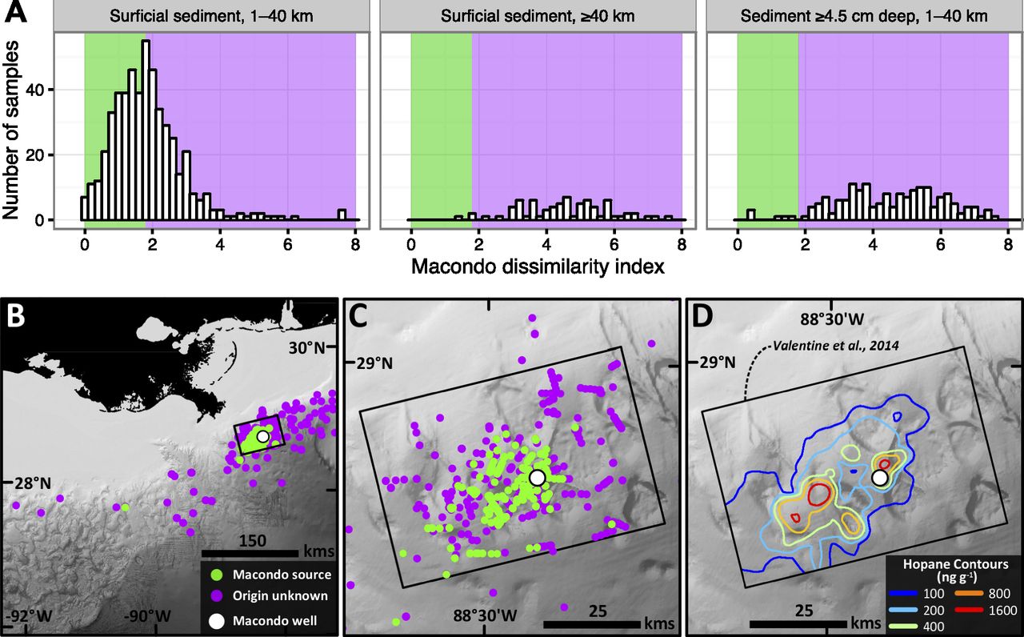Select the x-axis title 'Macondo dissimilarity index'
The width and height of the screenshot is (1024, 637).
point(538,266)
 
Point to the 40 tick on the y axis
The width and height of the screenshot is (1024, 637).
point(39,89)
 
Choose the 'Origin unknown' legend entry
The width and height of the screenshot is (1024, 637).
point(280,595)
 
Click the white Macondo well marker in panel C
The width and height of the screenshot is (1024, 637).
point(537,477)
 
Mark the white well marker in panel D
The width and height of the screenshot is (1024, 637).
point(880,478)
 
